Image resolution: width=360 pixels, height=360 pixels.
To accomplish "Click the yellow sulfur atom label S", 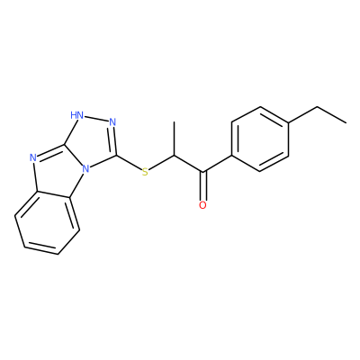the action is (x=145, y=172).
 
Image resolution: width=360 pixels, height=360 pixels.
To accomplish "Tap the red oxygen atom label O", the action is (x=202, y=205).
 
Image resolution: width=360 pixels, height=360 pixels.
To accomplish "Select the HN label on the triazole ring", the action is (x=76, y=114).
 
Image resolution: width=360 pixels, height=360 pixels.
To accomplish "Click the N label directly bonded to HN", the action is (x=112, y=122).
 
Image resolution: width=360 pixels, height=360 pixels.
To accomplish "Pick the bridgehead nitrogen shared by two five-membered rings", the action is (x=86, y=170).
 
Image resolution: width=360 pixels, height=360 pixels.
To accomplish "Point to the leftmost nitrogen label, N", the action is (x=33, y=157).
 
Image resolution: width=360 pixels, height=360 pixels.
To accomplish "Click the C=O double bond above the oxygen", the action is (x=203, y=185).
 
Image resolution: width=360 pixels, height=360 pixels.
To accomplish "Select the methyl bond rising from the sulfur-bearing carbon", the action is (x=174, y=139).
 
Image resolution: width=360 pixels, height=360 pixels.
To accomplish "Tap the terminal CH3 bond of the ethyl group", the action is (x=332, y=115).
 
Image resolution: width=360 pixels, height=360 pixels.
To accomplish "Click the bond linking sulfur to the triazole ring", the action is (x=129, y=163).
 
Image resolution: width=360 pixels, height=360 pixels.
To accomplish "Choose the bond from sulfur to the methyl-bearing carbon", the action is (x=161, y=163).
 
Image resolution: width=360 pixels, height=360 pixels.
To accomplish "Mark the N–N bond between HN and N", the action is (x=95, y=118).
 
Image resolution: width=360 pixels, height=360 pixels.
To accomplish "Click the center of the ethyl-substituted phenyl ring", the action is (x=260, y=139).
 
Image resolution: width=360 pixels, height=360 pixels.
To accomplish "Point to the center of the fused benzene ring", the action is (x=48, y=222).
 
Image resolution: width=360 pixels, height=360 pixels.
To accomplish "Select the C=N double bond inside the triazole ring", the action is (x=114, y=141).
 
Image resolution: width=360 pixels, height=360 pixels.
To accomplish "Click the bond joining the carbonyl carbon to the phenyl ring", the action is (x=218, y=164).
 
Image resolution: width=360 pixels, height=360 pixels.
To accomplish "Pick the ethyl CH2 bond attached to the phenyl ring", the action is (x=303, y=114).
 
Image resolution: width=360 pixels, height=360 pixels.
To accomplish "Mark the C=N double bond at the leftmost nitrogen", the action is (x=50, y=151).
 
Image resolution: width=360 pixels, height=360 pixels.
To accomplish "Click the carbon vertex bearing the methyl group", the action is (x=174, y=156).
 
